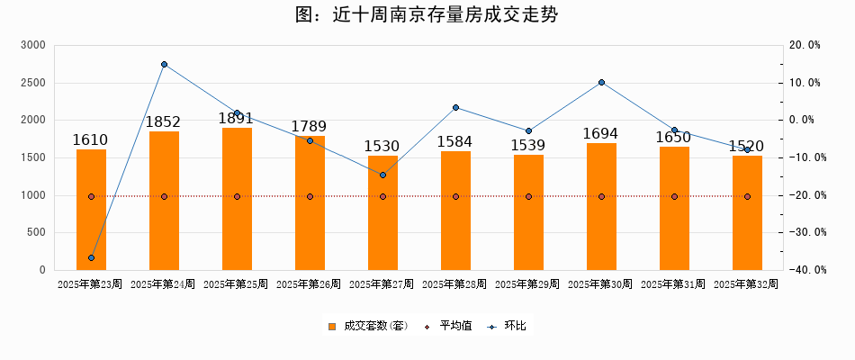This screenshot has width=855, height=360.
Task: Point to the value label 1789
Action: [x=310, y=126]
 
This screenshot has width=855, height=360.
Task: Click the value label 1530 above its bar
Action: [x=382, y=146]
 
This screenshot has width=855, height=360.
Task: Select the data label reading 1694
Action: [x=601, y=133]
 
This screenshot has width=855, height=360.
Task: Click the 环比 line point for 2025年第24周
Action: [x=164, y=65]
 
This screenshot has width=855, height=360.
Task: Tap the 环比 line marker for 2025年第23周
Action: [x=91, y=258]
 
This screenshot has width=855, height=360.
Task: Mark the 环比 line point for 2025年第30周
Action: [x=601, y=83]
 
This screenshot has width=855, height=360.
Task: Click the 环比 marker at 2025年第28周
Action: [x=455, y=107]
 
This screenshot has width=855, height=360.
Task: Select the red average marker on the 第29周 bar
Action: [x=528, y=196]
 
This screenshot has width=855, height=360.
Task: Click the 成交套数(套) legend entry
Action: [x=368, y=326]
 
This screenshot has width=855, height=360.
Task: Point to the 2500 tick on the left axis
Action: [x=35, y=83]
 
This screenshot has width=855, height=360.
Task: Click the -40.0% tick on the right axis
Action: [x=804, y=270]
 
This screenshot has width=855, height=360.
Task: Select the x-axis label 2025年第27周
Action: [x=382, y=284]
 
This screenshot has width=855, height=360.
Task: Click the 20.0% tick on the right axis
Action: [x=804, y=45]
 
